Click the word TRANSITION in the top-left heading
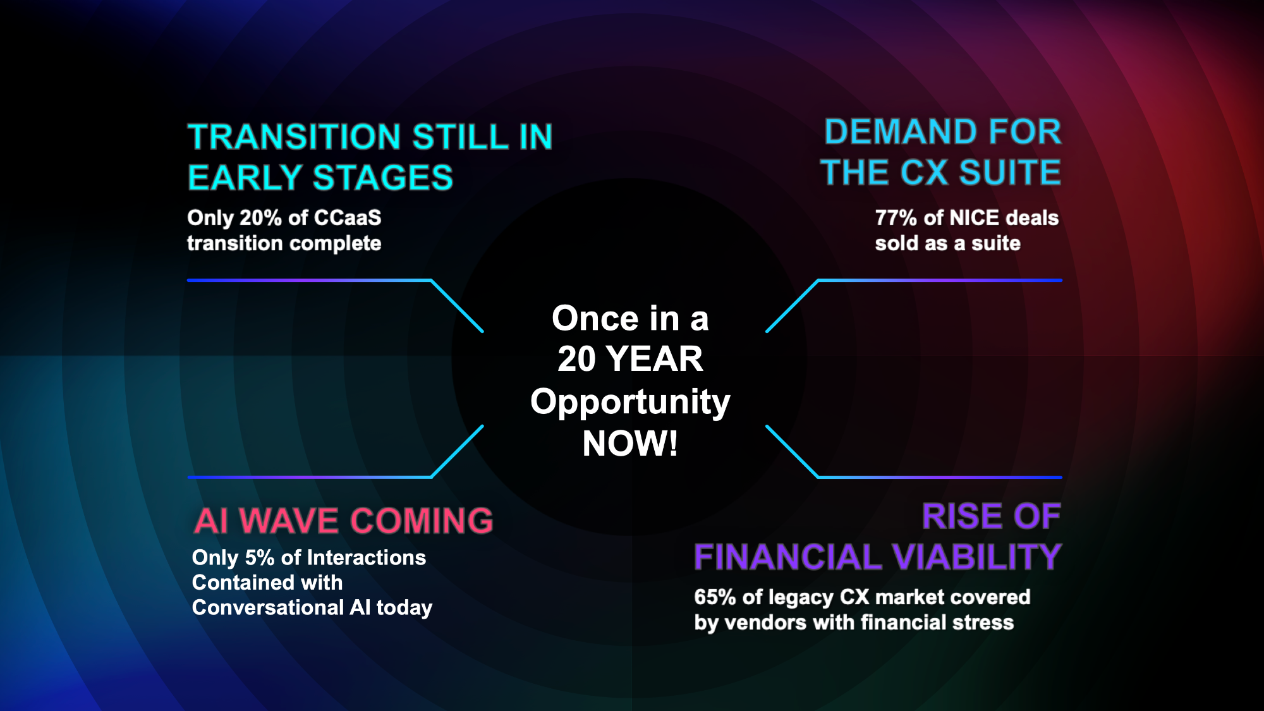(x=295, y=137)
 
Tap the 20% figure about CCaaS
(x=260, y=217)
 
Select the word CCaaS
(x=348, y=217)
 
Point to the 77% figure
(x=896, y=217)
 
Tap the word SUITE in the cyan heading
(x=1010, y=173)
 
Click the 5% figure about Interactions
(x=259, y=557)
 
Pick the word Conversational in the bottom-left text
(x=267, y=607)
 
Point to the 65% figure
(x=715, y=597)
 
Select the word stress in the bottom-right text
(x=983, y=623)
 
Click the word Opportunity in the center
(x=630, y=403)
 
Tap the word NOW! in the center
(x=630, y=443)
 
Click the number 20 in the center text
(x=576, y=359)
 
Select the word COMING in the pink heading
(x=422, y=521)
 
